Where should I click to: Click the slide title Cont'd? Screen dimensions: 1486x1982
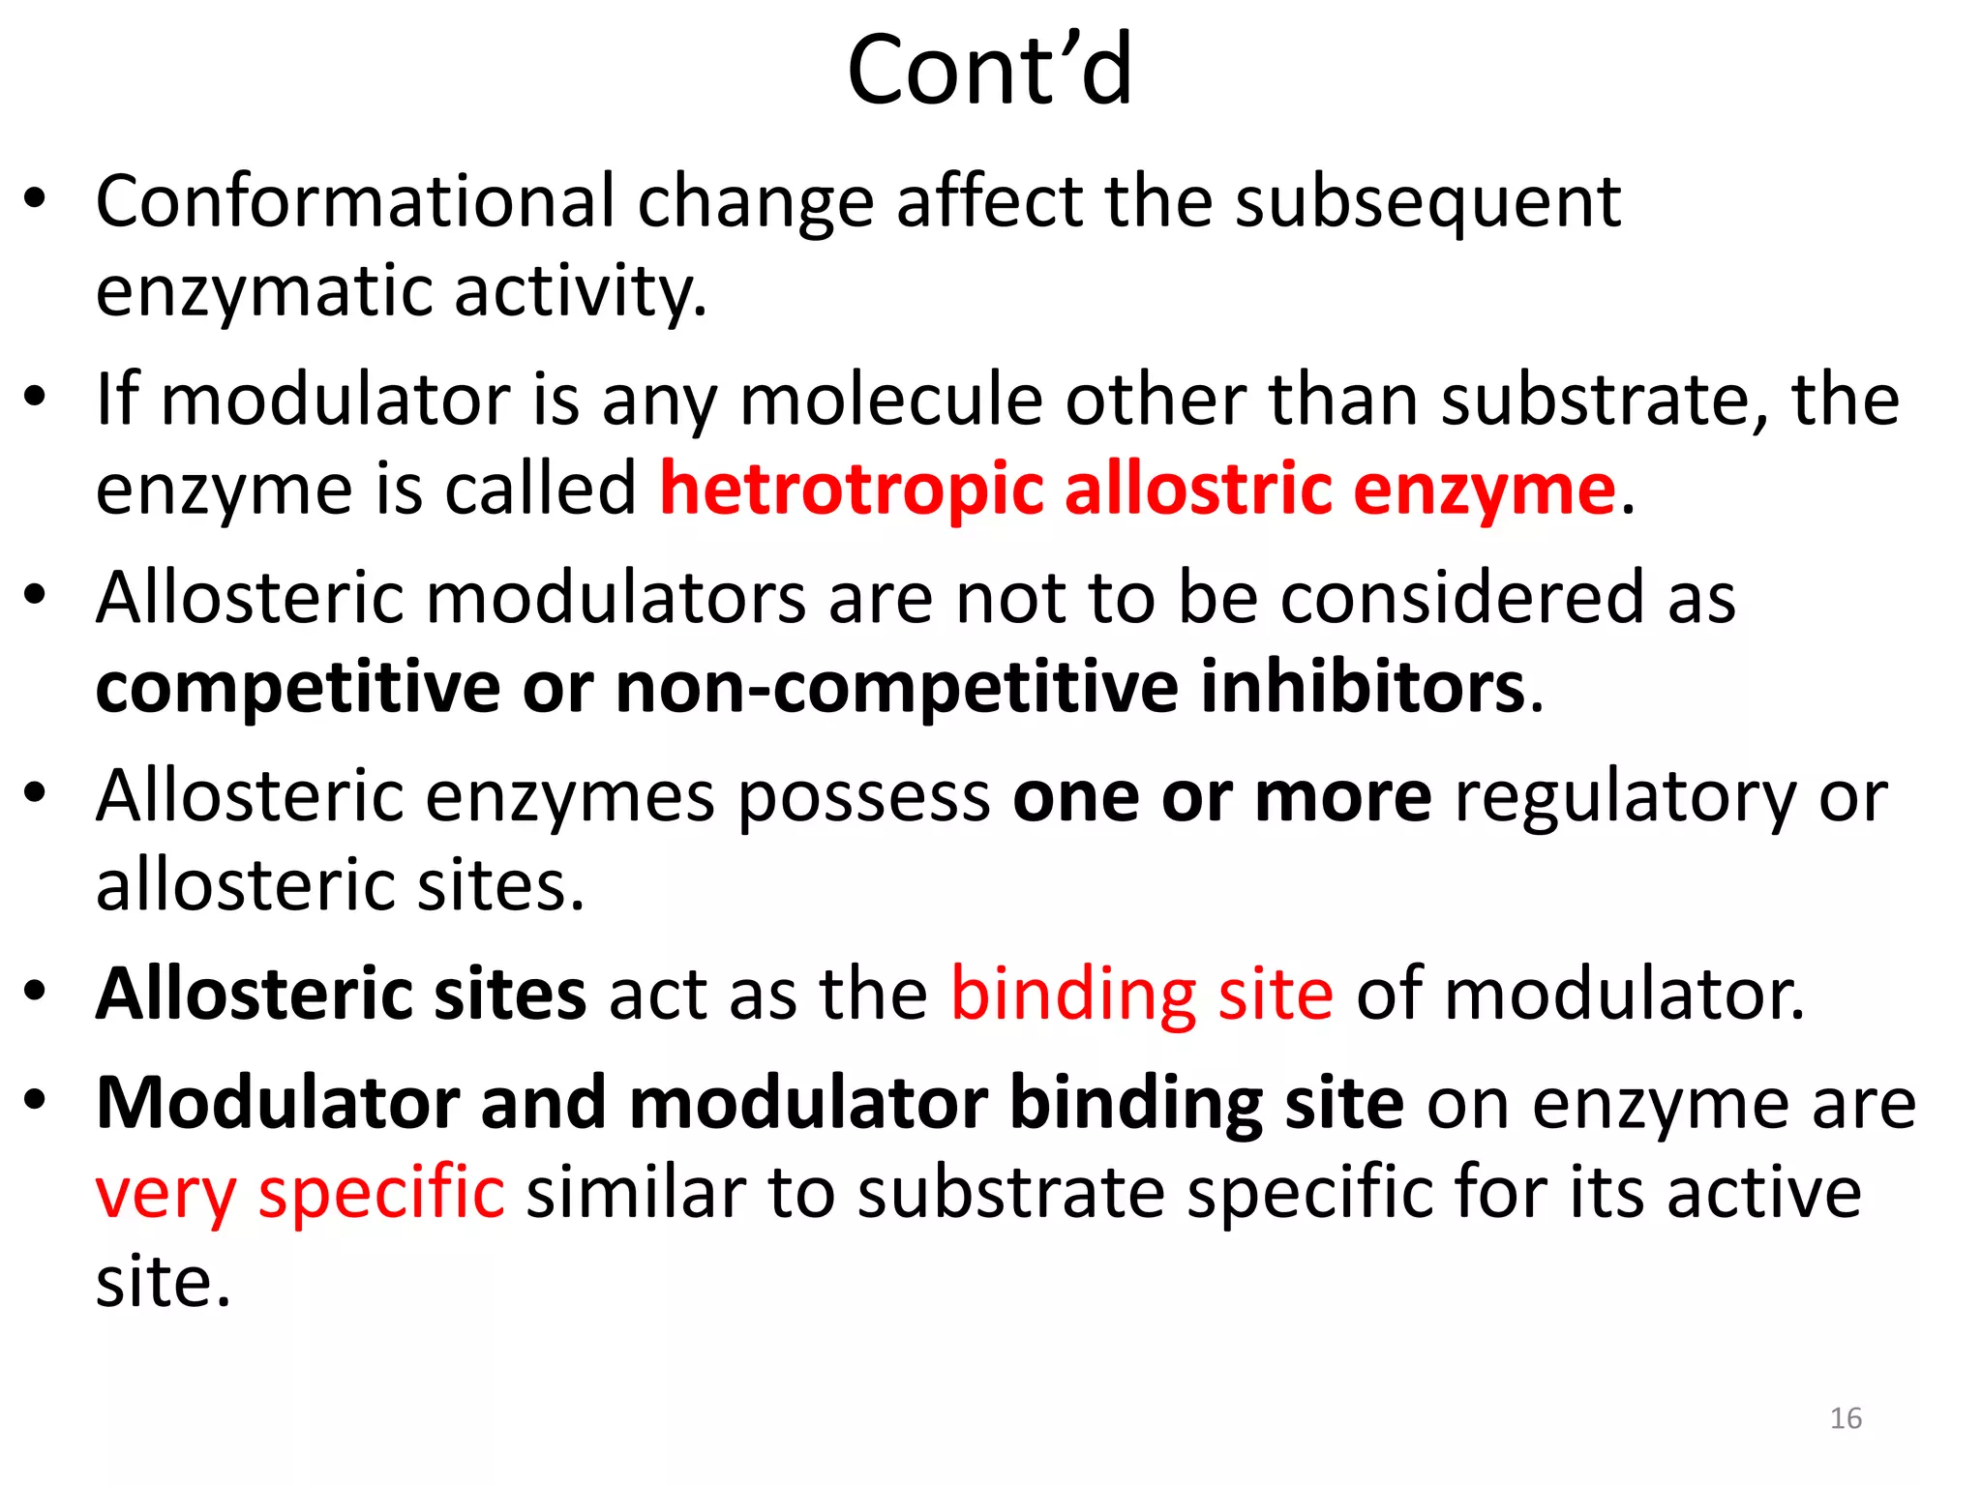[x=989, y=70]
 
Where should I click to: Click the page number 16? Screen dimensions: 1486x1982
[x=1846, y=1418]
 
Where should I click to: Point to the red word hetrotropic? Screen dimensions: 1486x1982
[x=851, y=490]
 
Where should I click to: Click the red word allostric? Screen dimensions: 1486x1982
[x=1197, y=488]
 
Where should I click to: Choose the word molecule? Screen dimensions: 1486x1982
[x=890, y=400]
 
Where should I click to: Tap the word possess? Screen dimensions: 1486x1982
[x=864, y=798]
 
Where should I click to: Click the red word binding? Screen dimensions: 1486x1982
[x=1072, y=996]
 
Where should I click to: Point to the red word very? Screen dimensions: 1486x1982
[x=165, y=1193]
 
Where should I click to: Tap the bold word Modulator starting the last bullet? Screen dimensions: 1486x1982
[x=277, y=1103]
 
